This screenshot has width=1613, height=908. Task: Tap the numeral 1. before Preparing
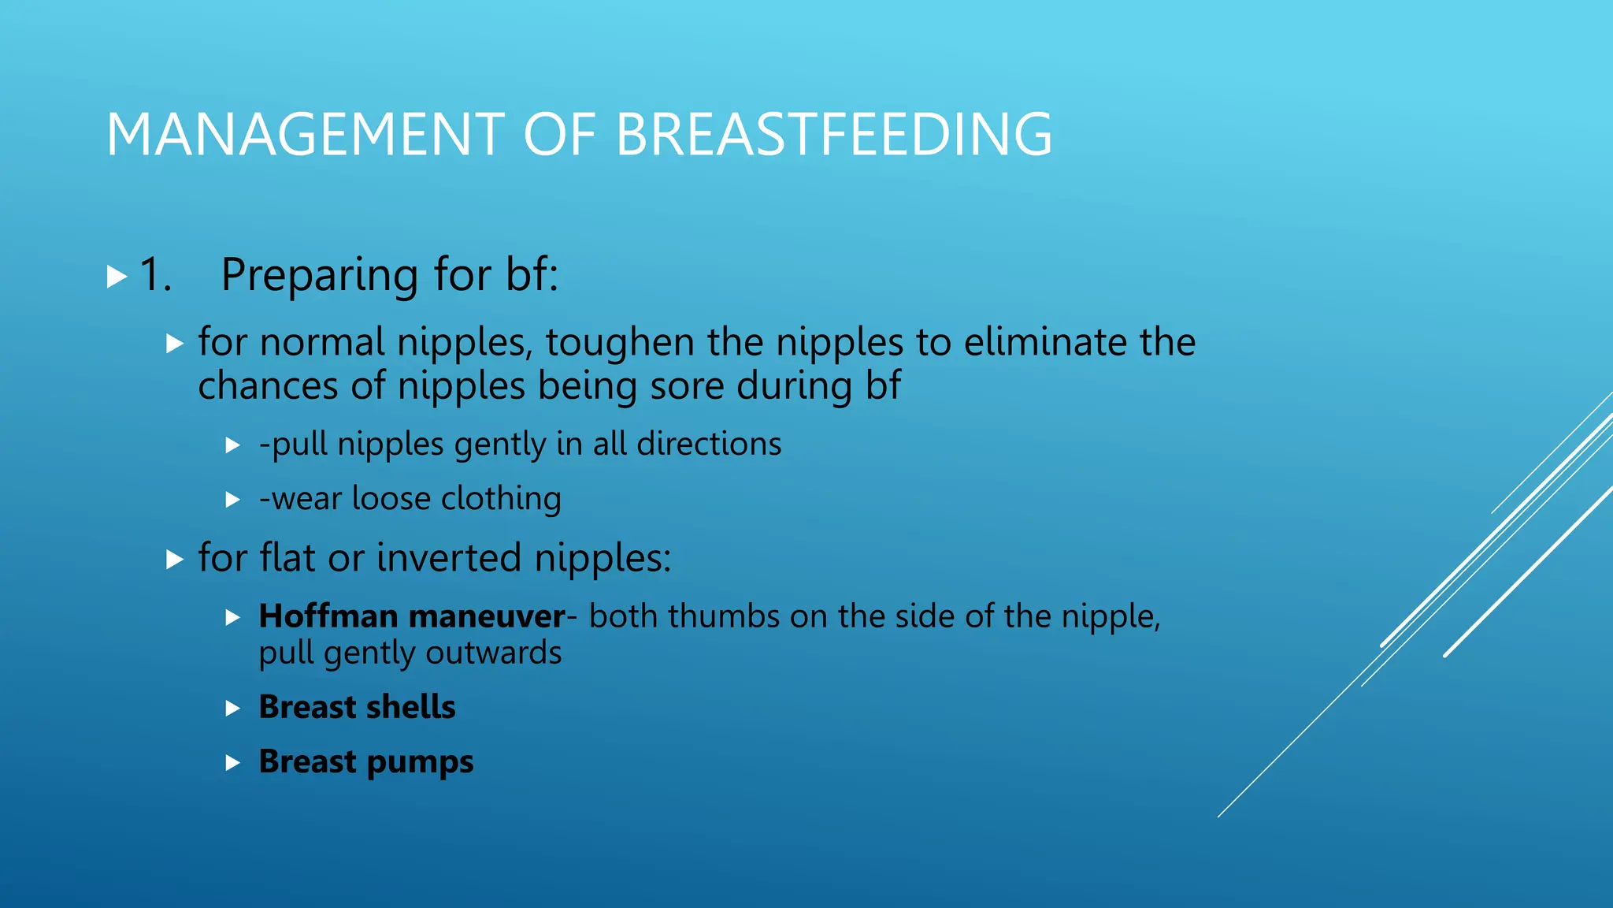[x=155, y=275]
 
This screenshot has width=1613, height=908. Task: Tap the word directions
[x=709, y=444]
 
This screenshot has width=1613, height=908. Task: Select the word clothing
[x=501, y=499]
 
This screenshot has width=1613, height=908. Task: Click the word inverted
[x=449, y=558]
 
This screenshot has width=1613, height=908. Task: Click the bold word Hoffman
[x=328, y=616]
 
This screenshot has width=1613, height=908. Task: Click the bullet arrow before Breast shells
[x=232, y=709]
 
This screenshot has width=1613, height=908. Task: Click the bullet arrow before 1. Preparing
[x=117, y=277]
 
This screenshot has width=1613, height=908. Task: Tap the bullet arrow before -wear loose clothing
[x=232, y=500]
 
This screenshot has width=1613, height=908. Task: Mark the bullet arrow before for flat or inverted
[x=175, y=560]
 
